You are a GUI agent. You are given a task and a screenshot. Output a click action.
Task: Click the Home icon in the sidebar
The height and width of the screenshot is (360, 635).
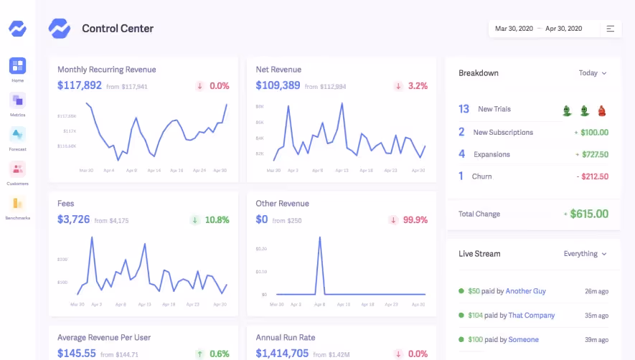click(x=17, y=66)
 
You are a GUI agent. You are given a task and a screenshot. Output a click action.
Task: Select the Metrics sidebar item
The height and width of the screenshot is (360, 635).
click(x=17, y=100)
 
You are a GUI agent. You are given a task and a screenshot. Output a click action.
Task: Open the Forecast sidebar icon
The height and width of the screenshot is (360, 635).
click(x=17, y=135)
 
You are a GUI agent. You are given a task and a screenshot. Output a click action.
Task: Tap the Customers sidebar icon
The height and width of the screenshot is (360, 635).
click(x=17, y=169)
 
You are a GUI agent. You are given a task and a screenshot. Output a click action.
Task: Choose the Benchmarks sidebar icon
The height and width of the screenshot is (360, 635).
click(x=17, y=204)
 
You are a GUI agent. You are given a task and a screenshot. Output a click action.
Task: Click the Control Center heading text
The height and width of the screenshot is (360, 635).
click(x=118, y=29)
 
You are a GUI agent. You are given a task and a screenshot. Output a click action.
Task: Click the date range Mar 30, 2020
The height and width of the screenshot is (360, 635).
click(x=514, y=29)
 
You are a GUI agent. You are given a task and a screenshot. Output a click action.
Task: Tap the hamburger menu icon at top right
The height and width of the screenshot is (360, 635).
click(x=611, y=29)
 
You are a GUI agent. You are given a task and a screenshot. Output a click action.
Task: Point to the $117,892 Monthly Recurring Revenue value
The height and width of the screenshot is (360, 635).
click(x=80, y=85)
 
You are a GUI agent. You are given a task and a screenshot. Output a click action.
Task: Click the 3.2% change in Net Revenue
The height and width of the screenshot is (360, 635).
click(x=418, y=86)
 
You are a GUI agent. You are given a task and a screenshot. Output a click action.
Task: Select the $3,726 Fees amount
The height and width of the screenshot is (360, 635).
click(x=74, y=219)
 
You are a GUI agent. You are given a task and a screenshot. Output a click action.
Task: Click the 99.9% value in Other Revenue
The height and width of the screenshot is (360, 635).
click(x=415, y=220)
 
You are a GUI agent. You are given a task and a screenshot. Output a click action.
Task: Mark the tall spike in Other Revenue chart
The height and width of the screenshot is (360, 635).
click(x=319, y=240)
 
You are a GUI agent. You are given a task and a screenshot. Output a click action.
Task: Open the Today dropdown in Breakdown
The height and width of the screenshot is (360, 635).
click(x=593, y=73)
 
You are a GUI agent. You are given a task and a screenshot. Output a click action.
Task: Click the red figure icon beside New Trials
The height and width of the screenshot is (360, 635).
click(x=602, y=110)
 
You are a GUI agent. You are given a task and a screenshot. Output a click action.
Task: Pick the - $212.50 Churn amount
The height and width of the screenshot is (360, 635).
click(x=592, y=176)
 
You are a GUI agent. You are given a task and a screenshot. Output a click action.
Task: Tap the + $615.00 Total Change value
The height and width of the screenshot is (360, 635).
click(x=585, y=214)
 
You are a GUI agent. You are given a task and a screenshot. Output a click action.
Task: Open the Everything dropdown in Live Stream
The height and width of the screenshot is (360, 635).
click(x=585, y=254)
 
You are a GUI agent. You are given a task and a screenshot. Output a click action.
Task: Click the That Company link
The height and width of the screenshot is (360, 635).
click(x=532, y=315)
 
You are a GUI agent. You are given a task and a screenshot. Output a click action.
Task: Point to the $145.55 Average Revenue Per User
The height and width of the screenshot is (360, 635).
click(x=77, y=353)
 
